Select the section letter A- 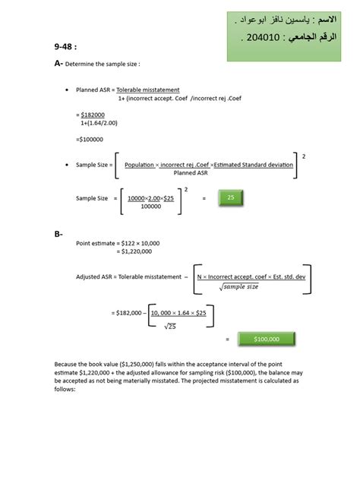(x=58, y=65)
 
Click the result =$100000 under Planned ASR (x=90, y=139)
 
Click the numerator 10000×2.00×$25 (x=152, y=197)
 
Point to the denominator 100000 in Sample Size (x=151, y=206)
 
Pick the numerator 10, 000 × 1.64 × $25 (x=182, y=313)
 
